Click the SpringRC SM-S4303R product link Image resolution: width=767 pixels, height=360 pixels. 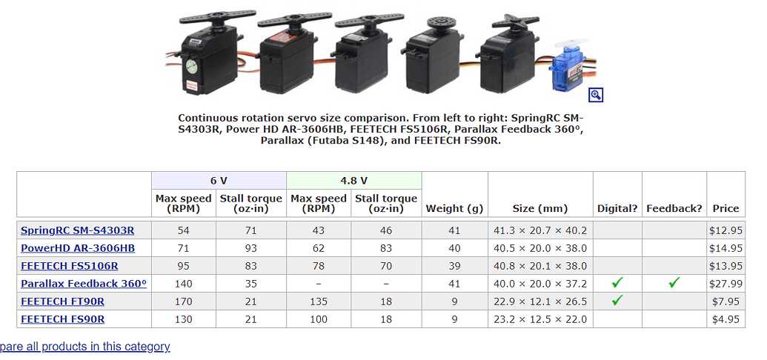(x=78, y=230)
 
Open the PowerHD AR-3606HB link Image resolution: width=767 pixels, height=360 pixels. (x=78, y=248)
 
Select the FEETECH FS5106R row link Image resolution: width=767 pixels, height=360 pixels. (x=70, y=266)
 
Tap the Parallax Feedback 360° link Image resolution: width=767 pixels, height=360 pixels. (x=84, y=284)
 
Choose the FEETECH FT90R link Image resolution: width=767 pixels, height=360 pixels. (x=63, y=301)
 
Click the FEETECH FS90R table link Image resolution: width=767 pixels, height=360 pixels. (x=63, y=319)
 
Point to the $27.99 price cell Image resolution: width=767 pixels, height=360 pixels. (x=726, y=284)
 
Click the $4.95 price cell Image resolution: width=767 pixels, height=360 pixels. (x=726, y=319)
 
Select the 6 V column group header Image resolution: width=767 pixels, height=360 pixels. (x=219, y=181)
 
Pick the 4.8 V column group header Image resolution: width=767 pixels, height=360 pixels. (x=353, y=181)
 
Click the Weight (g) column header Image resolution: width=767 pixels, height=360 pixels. (x=454, y=208)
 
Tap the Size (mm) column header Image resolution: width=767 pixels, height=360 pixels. (x=539, y=208)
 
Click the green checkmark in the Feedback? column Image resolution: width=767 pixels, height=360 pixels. (x=674, y=283)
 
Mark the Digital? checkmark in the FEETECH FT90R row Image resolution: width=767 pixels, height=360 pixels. (x=617, y=301)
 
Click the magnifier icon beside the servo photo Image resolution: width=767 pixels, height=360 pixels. (x=595, y=95)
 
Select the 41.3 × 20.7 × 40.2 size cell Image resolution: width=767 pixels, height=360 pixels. (x=539, y=230)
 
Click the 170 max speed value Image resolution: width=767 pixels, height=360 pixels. (x=183, y=301)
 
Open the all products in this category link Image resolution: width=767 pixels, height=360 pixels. (x=85, y=347)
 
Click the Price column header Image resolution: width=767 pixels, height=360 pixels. (x=726, y=208)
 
